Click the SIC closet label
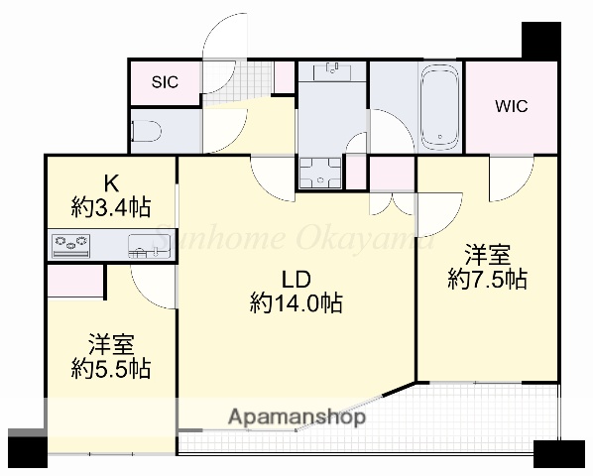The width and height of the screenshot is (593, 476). (165, 83)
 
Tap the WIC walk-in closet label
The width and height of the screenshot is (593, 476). (511, 105)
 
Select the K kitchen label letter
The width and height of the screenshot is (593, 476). (110, 183)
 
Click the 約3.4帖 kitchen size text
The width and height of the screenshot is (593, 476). (110, 207)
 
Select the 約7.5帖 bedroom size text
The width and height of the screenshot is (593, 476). (486, 279)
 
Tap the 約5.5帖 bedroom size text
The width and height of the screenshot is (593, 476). (110, 369)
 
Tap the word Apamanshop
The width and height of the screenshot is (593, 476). (297, 417)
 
